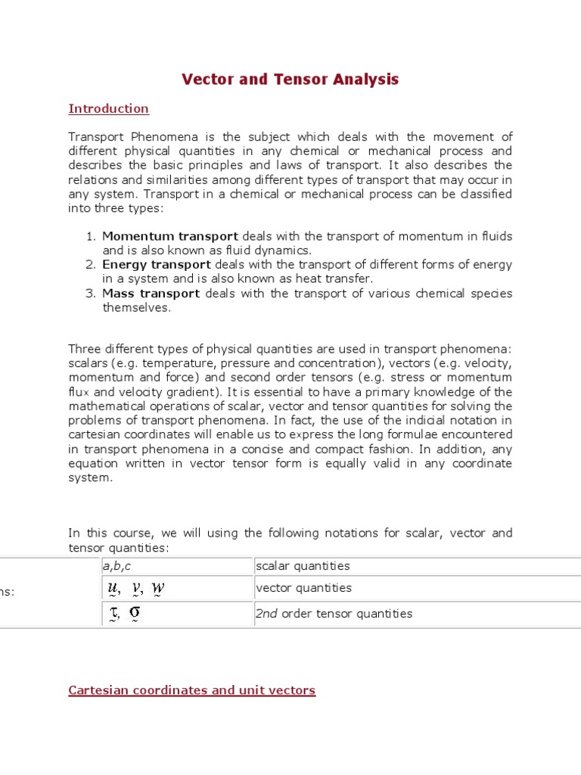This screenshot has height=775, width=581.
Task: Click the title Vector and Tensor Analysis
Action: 290,79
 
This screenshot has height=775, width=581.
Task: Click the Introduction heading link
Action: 108,109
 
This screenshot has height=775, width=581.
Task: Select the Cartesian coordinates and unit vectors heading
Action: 191,690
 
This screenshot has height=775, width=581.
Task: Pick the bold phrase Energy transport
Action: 157,265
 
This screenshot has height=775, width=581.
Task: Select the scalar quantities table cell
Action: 303,566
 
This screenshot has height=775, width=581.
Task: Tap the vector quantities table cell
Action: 303,588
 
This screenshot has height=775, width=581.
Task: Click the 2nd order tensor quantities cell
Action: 334,614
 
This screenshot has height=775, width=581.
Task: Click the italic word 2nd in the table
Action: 267,614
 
